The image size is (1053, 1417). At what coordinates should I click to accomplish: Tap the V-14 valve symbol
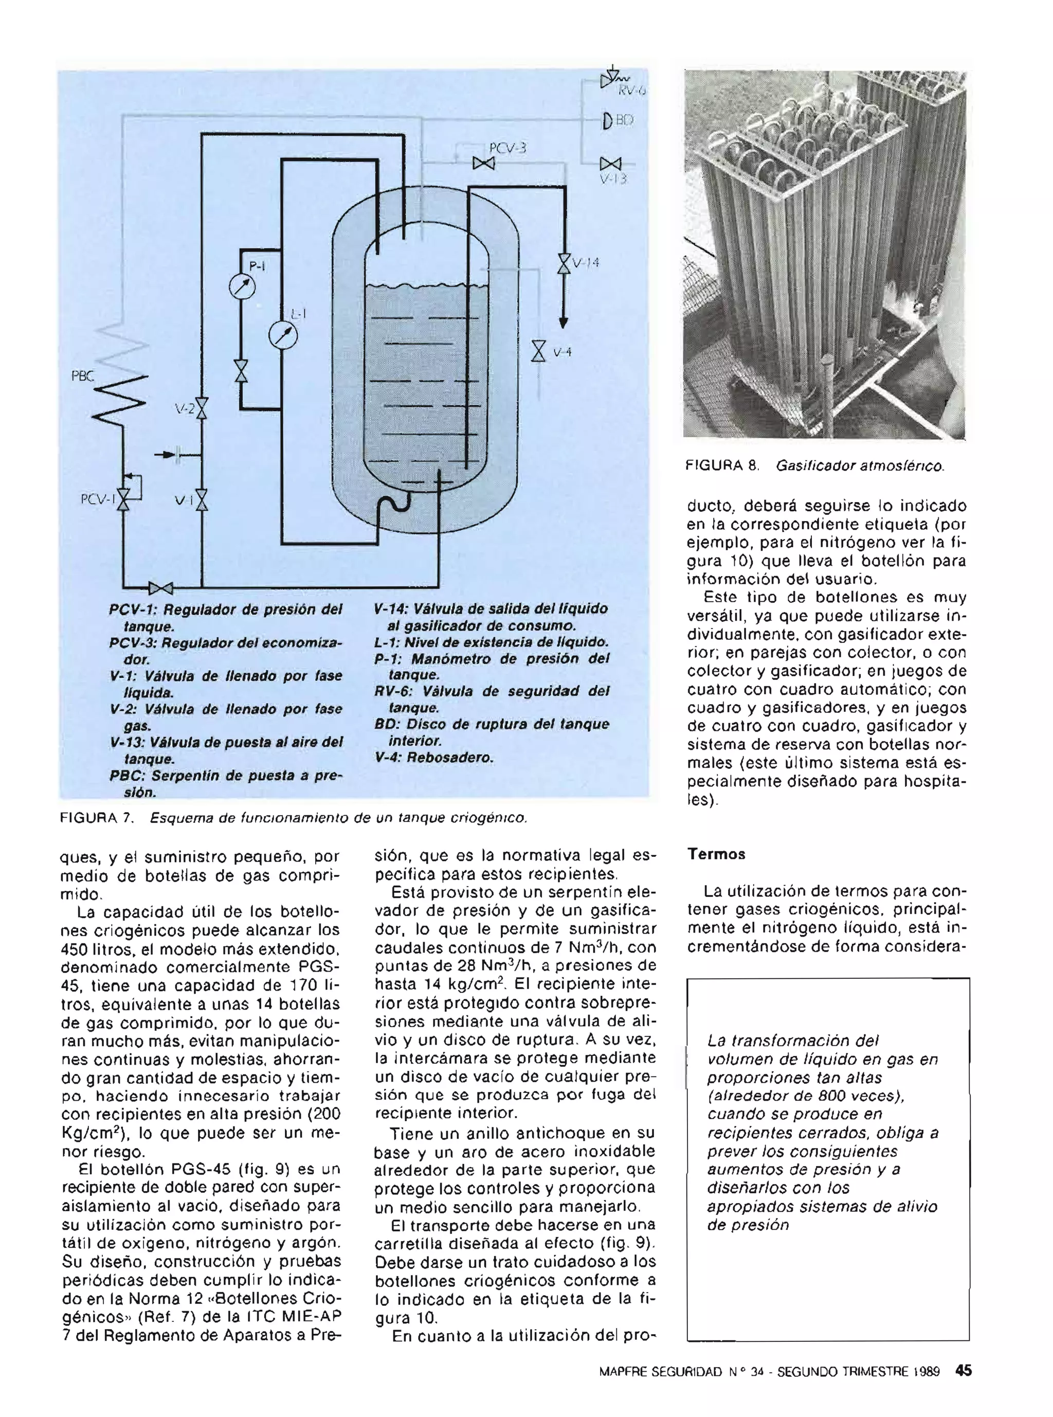[564, 263]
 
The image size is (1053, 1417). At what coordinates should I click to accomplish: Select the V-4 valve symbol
[539, 351]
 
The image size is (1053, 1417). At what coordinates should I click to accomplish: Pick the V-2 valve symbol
[202, 408]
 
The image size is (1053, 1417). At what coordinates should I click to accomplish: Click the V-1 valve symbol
[202, 500]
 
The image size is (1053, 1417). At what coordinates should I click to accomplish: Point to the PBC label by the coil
[82, 377]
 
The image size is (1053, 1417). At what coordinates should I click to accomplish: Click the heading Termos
[716, 854]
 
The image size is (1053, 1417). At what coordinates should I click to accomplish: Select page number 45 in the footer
[964, 1370]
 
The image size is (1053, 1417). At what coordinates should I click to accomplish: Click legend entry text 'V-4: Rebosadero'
[433, 758]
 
